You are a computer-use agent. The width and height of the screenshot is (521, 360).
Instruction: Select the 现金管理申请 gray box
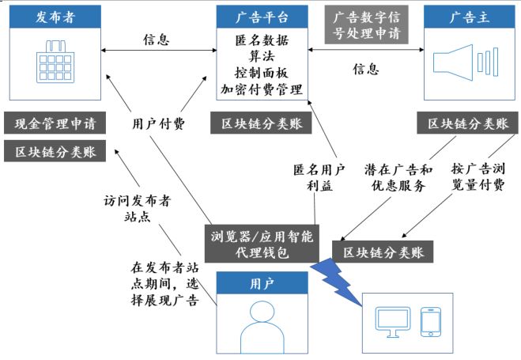coord(55,124)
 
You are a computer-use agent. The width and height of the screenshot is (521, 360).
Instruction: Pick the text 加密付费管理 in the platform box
coord(261,89)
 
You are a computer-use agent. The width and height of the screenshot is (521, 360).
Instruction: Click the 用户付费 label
coord(158,123)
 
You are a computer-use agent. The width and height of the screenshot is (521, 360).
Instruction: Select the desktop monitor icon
coord(391,321)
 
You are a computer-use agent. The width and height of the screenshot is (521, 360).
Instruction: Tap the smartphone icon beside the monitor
coord(430,320)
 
